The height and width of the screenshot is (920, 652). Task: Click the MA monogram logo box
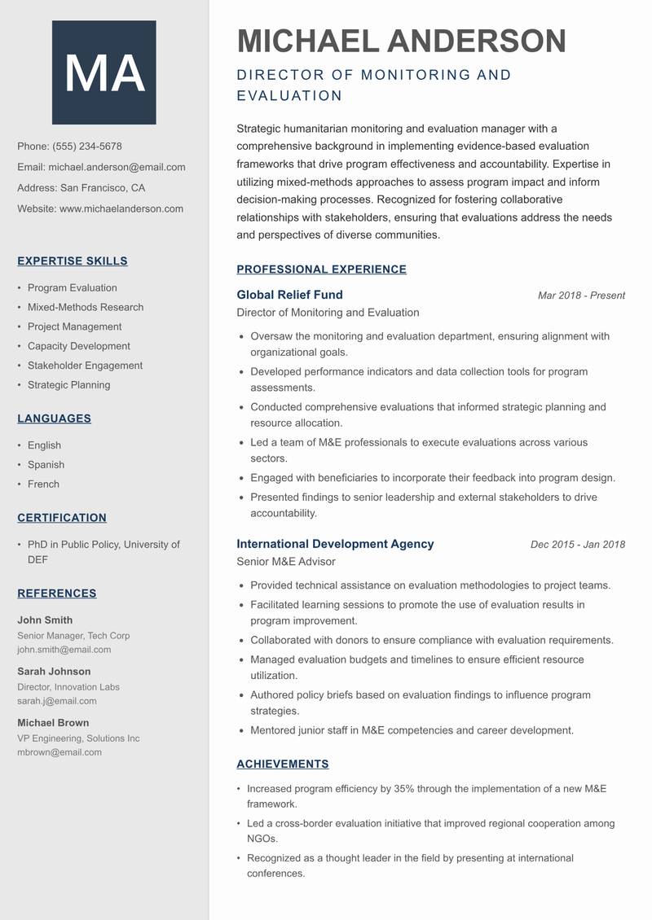click(104, 72)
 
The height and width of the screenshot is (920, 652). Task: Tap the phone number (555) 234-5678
click(87, 147)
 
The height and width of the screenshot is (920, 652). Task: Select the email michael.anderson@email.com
click(117, 167)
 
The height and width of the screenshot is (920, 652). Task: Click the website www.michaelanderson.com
click(121, 208)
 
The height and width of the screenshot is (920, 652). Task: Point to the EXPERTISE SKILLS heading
click(73, 261)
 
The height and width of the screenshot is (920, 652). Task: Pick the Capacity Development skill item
click(79, 346)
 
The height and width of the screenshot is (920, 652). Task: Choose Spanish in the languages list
click(46, 465)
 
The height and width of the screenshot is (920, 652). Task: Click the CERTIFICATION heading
click(62, 518)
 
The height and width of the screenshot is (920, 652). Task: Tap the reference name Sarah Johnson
click(54, 672)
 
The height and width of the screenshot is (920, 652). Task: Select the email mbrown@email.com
click(59, 752)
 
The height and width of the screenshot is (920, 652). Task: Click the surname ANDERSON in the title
click(476, 41)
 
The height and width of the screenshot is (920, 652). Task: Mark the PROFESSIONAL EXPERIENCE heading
click(321, 269)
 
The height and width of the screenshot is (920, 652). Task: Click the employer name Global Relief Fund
click(289, 295)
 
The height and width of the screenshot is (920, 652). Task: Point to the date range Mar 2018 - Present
click(581, 296)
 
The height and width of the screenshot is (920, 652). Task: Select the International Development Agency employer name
click(335, 544)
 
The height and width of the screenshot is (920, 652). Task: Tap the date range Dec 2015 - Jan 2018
click(577, 545)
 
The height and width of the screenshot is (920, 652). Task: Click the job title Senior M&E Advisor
click(285, 562)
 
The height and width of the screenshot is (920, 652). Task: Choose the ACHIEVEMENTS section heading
click(282, 764)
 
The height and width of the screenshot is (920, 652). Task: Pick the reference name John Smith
click(45, 620)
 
